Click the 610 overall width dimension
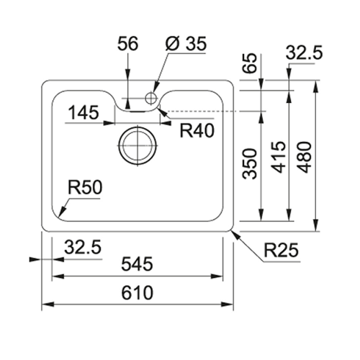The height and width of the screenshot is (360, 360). (137, 292)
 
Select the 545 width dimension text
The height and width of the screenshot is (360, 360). (137, 264)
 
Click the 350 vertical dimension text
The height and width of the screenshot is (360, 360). (250, 163)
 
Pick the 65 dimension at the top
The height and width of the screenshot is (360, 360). (250, 63)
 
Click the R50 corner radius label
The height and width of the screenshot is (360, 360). (85, 187)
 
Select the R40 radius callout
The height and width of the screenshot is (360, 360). (197, 131)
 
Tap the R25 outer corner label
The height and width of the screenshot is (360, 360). (282, 250)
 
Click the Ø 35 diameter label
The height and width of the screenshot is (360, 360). (186, 44)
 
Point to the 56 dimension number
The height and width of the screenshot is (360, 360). (127, 44)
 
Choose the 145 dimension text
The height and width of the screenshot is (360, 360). (84, 112)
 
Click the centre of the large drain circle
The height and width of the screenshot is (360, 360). (138, 145)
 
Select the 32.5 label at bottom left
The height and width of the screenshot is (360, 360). (83, 248)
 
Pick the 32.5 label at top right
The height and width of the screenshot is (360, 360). (304, 53)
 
